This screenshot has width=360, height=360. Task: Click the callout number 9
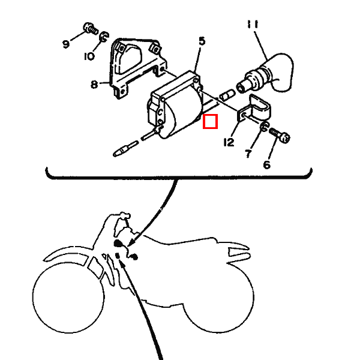66,44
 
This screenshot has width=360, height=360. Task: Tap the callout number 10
89,56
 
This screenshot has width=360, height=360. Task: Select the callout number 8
94,85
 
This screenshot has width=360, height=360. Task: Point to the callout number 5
202,41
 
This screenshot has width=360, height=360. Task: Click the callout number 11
253,25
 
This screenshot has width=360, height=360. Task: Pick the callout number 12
229,142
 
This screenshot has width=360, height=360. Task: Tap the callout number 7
248,154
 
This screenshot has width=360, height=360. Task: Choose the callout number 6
266,165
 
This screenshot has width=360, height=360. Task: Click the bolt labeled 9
90,29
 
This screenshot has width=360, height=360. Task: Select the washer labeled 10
104,37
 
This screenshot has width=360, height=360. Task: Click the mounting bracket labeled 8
138,69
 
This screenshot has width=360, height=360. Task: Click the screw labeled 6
280,135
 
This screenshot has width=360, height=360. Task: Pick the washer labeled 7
265,127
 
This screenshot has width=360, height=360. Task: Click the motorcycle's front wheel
68,298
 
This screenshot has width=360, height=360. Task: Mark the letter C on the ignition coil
160,112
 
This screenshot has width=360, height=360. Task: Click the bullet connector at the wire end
126,149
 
